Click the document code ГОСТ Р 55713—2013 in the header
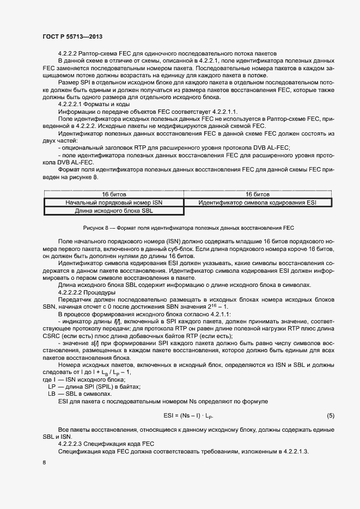pos(72,36)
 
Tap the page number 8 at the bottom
pos(45,462)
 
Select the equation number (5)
pos(330,416)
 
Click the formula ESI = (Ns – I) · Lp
pos(188,416)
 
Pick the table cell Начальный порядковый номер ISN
pos(114,203)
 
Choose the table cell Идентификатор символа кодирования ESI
pos(257,203)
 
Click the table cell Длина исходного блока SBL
pos(114,211)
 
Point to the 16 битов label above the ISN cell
pos(114,194)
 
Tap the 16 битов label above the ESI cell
pos(257,194)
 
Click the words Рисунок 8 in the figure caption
pos(95,228)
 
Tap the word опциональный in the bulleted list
pos(80,147)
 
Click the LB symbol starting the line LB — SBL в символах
pos(51,394)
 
